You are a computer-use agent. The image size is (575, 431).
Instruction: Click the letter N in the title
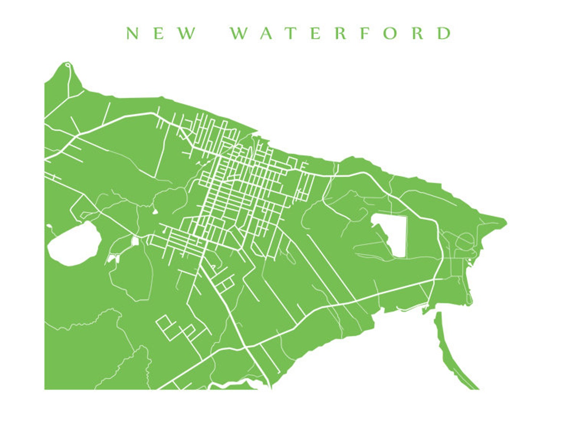tap(133, 33)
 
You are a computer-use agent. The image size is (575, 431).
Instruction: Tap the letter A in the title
tap(266, 33)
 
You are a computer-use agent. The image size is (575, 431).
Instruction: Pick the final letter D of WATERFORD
tap(444, 33)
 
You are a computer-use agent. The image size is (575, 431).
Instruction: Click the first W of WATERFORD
tap(239, 33)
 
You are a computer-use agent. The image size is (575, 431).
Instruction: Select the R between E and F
tap(341, 33)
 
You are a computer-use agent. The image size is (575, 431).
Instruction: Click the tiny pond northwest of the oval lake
tap(49, 227)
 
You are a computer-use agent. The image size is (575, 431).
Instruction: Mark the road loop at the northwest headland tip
tap(68, 65)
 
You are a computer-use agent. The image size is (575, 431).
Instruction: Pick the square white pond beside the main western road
tap(135, 241)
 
